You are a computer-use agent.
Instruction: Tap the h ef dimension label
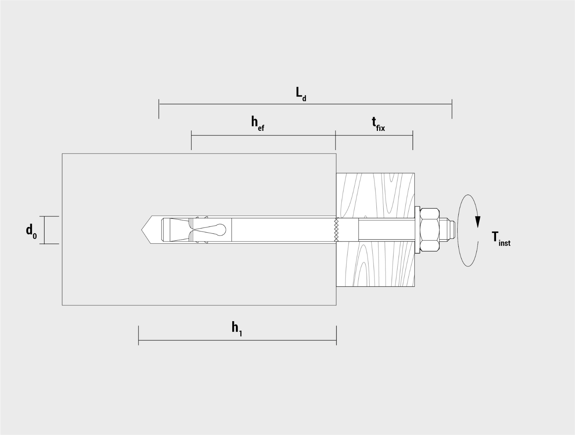point(258,124)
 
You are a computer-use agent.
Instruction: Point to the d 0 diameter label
point(32,231)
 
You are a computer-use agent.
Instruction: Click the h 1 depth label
point(237,329)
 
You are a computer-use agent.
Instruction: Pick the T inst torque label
point(501,239)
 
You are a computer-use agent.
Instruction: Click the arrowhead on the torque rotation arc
point(478,222)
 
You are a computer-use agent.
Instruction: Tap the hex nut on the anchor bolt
point(429,230)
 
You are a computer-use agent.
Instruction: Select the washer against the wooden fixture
point(417,230)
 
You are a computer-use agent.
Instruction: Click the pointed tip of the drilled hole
point(142,230)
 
